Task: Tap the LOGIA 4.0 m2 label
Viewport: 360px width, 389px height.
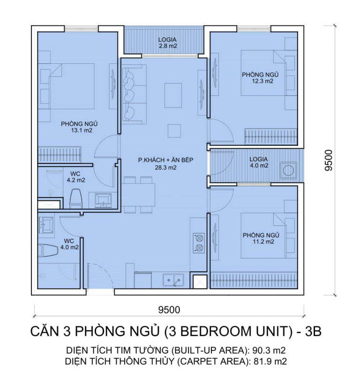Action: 259,162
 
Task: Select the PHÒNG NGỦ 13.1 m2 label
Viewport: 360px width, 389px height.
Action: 75,127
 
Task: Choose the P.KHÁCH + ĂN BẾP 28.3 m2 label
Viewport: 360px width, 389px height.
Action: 165,164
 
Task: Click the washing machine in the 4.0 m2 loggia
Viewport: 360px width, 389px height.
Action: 287,169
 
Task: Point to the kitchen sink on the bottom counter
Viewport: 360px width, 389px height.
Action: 173,281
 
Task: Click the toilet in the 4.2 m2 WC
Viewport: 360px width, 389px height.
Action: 75,197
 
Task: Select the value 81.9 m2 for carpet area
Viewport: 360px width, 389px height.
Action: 274,361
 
